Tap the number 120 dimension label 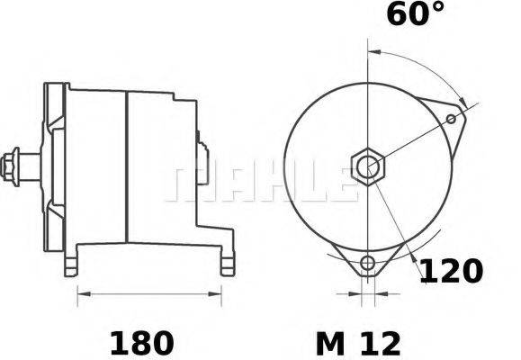tap(453, 271)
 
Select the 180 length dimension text tap(141, 342)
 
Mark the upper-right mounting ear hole tap(451, 118)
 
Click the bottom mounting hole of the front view tap(366, 264)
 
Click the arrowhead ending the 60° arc tap(463, 100)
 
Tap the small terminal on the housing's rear tap(202, 144)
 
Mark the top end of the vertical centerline tap(368, 40)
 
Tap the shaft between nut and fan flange tap(32, 166)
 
